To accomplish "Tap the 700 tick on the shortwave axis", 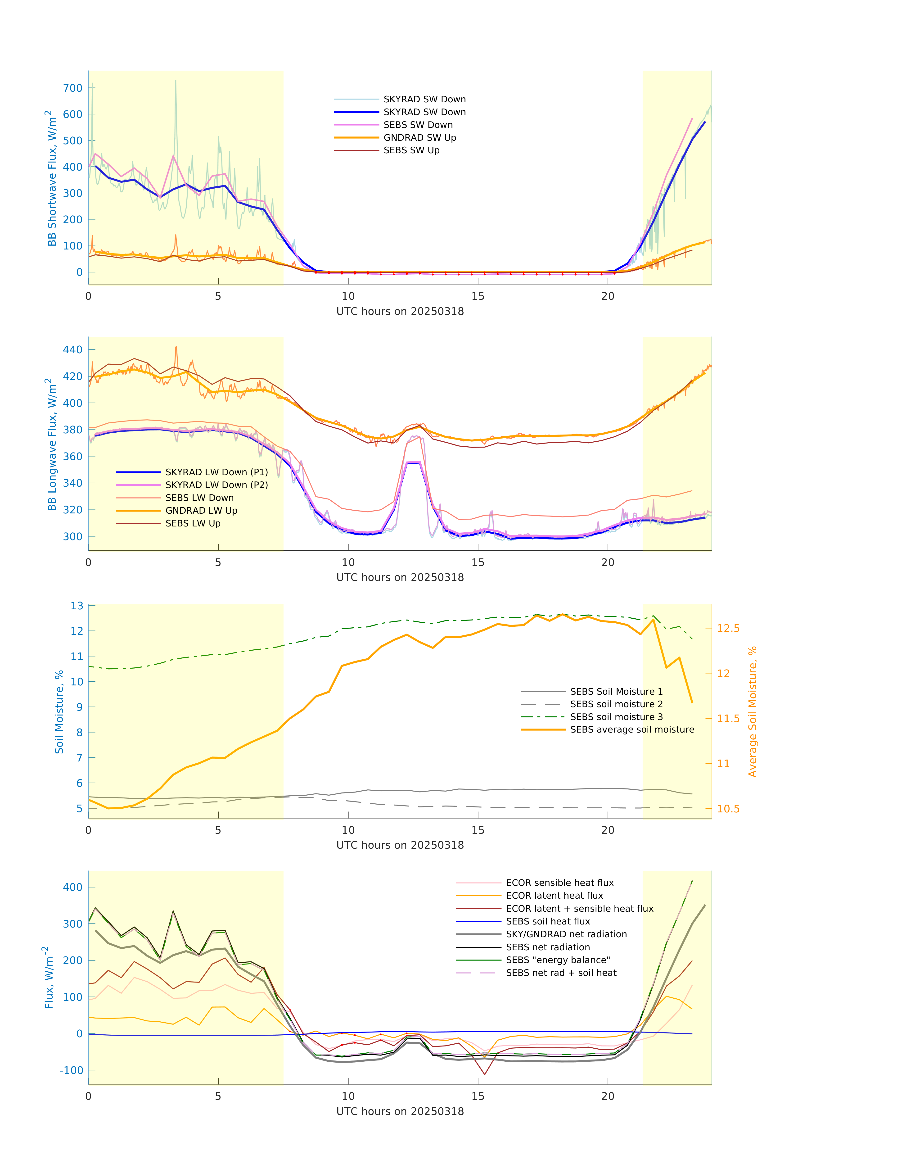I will pyautogui.click(x=73, y=88).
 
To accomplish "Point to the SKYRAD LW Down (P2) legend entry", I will pyautogui.click(x=216, y=485).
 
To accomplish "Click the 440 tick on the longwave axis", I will pyautogui.click(x=73, y=350).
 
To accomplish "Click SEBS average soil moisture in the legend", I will pyautogui.click(x=632, y=729).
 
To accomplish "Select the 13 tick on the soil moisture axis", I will pyautogui.click(x=77, y=605).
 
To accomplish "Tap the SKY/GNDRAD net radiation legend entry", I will pyautogui.click(x=566, y=934).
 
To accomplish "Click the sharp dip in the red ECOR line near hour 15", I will pyautogui.click(x=485, y=1074).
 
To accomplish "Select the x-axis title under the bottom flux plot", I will pyautogui.click(x=400, y=1111).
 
